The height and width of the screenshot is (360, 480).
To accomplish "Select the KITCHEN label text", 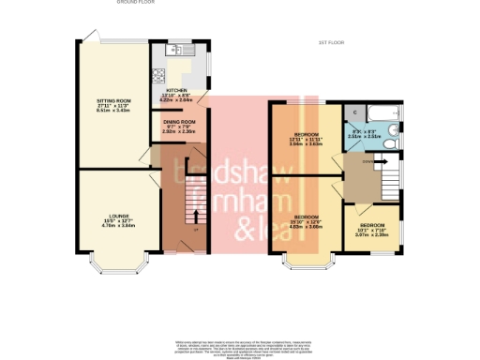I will coord(178,90).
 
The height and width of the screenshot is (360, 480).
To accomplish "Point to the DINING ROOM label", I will coord(178,122).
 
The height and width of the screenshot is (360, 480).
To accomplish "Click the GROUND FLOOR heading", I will coord(136,3).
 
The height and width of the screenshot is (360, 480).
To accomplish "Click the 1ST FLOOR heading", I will coord(333,43).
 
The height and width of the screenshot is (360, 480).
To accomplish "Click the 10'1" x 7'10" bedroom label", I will coord(374,229).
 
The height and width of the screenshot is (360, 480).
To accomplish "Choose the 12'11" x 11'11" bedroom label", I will coord(307,140).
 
